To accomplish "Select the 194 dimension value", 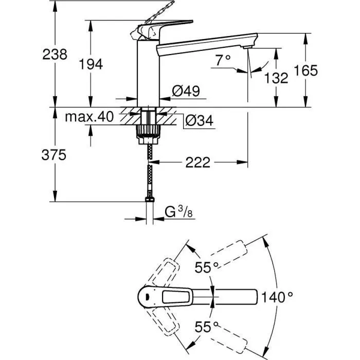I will tap(91, 64).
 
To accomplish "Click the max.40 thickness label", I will tap(89, 117).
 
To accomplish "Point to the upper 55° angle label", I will tap(207, 267).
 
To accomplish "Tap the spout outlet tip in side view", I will tap(249, 48).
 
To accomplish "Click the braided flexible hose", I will tap(149, 170).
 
